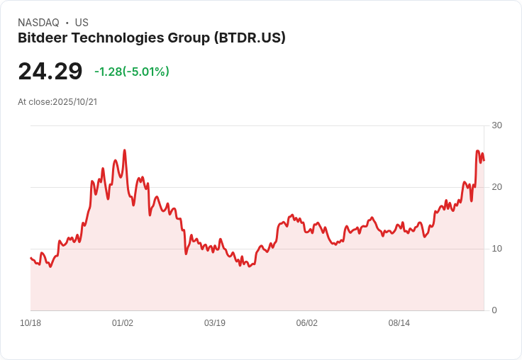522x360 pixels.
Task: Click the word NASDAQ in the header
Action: tap(38, 23)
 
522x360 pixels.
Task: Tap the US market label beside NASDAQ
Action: tap(82, 23)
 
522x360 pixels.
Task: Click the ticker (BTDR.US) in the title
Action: tap(250, 38)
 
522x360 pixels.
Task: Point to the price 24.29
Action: tap(50, 72)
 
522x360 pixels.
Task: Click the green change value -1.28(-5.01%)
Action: tap(132, 72)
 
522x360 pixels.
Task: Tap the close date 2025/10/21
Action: tap(74, 102)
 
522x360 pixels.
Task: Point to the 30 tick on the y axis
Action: tap(496, 125)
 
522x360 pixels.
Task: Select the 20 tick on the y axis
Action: tap(496, 187)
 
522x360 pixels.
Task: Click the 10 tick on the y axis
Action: tap(496, 249)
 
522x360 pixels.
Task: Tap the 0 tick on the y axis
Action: tap(494, 310)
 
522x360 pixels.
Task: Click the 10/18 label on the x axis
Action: tap(30, 323)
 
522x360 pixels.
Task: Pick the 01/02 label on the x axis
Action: tap(123, 323)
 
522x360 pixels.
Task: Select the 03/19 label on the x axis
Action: tap(215, 323)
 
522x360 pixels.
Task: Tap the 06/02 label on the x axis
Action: tap(307, 323)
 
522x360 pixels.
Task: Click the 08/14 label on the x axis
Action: tap(399, 323)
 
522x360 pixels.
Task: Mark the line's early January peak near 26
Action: tap(125, 150)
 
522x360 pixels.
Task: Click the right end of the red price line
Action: tap(484, 160)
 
